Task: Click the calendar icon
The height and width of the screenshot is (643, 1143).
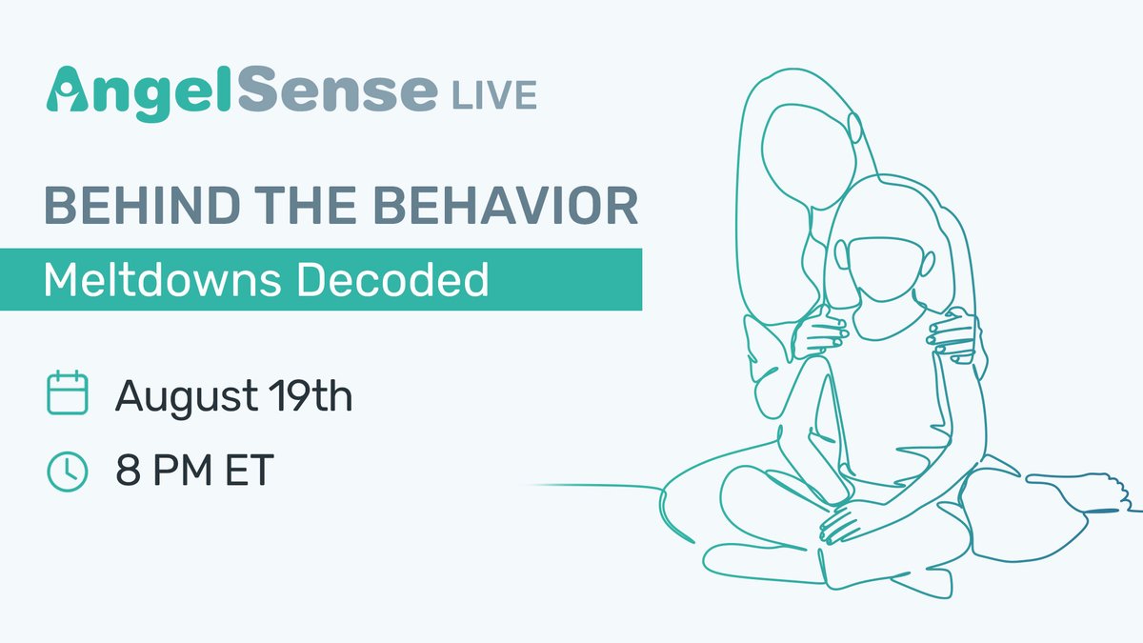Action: pos(68,393)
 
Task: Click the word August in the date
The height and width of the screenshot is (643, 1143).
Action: pos(190,395)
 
